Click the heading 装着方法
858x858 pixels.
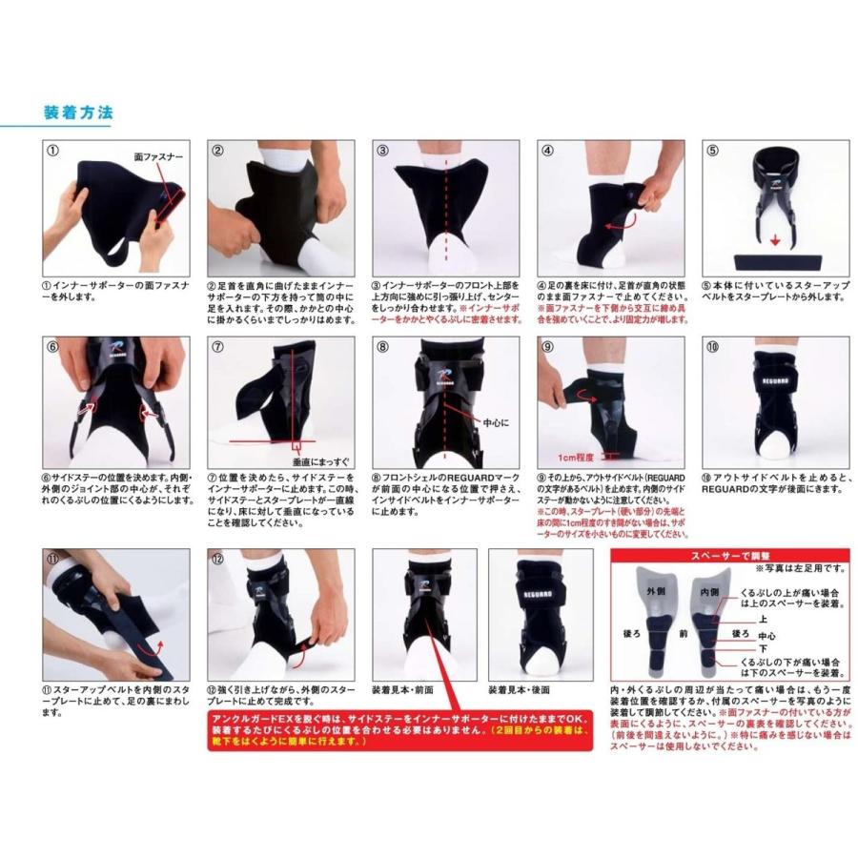(78, 112)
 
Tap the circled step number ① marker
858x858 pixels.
(53, 150)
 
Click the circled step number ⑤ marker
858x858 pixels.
(712, 150)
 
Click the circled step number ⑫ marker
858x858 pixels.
(217, 558)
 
